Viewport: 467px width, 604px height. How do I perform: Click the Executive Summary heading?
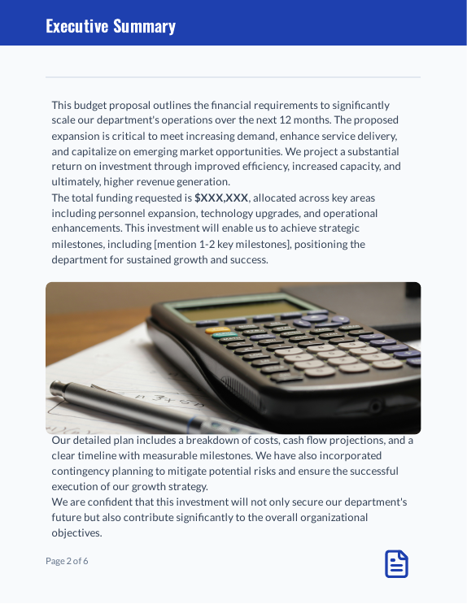(111, 26)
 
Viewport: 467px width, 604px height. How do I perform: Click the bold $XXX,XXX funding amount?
(221, 198)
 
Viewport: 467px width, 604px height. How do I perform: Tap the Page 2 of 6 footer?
(67, 561)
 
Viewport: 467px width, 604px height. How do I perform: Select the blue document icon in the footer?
(396, 564)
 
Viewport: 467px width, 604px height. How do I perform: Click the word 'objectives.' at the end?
(77, 532)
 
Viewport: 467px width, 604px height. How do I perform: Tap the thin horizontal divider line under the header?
(233, 77)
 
